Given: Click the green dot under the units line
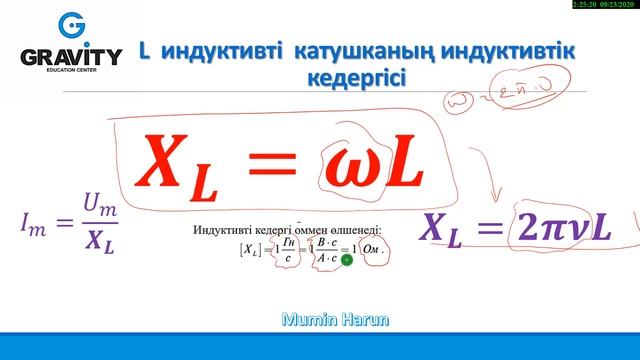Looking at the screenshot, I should (x=346, y=260).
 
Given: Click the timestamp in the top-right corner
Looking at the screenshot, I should (x=604, y=6).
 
